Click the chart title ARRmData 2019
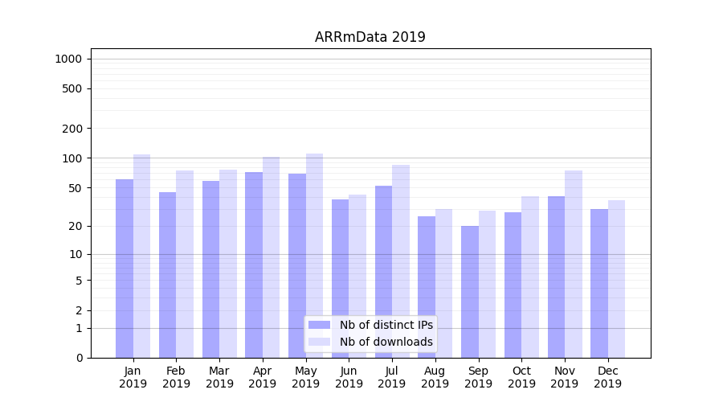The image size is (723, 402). coord(370,37)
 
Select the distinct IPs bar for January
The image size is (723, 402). coord(125,269)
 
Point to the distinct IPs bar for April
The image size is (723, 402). coord(254,265)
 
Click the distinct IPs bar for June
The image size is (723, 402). coord(341,278)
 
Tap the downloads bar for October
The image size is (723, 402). coord(530,277)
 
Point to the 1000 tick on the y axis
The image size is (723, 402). coord(68,59)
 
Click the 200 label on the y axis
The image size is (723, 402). coord(73,129)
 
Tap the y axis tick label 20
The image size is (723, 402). coord(76,226)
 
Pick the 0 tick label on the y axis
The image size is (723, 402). coord(79,358)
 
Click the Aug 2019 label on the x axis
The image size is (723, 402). coord(435,377)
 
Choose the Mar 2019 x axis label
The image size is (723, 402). coord(219,377)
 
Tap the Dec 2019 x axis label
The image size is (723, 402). coord(608,377)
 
